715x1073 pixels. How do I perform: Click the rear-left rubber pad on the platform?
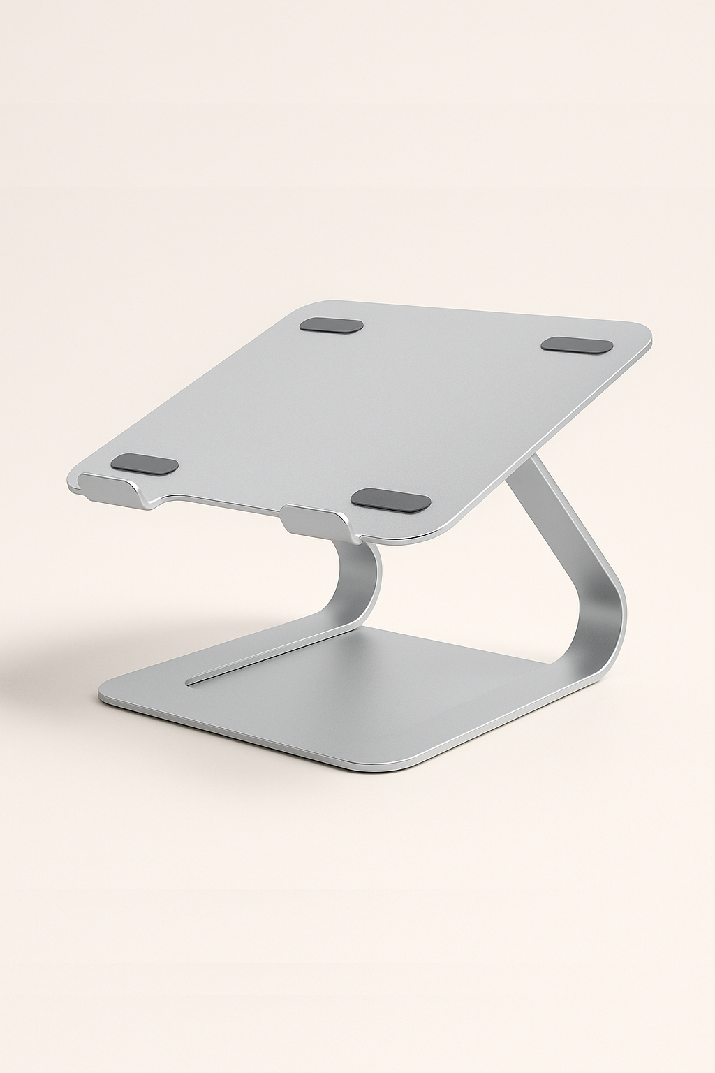(332, 326)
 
